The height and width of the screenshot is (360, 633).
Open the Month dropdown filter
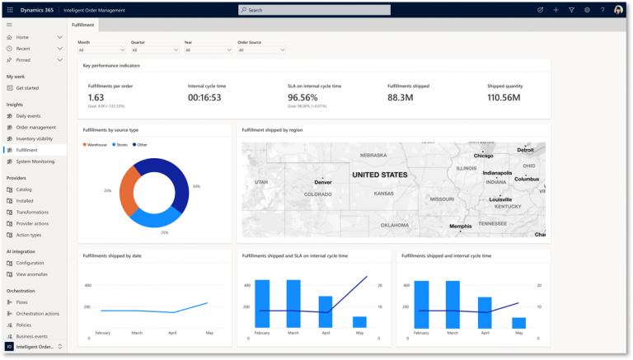(102, 49)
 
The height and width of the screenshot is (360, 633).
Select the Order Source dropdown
(261, 49)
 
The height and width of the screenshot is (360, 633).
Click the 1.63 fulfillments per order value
(96, 97)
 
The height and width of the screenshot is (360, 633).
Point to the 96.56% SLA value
(302, 97)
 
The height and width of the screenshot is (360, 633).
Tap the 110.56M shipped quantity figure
(504, 97)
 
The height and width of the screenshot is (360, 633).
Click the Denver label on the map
(322, 182)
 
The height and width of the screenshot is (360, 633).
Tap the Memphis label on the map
(460, 226)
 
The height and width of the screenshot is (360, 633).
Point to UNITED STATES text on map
(379, 175)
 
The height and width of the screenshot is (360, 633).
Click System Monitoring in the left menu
(35, 161)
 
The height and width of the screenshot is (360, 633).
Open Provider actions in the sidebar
(32, 223)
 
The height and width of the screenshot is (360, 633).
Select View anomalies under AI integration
(32, 274)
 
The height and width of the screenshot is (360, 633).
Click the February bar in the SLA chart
(262, 304)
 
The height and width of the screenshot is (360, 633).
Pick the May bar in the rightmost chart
(518, 323)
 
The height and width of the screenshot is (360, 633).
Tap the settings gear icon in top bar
(587, 10)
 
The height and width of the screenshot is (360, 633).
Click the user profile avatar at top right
(618, 10)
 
